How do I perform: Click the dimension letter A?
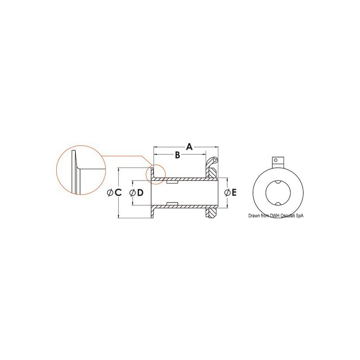tap(189, 147)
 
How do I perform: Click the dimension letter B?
tap(177, 155)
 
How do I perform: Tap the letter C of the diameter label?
tap(118, 193)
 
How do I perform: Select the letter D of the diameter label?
tap(140, 193)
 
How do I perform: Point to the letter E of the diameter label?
tap(234, 193)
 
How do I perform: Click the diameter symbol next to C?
tap(110, 193)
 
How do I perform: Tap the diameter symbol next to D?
tap(132, 193)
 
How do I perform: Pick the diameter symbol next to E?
tap(227, 193)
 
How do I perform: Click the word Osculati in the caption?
tap(289, 216)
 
